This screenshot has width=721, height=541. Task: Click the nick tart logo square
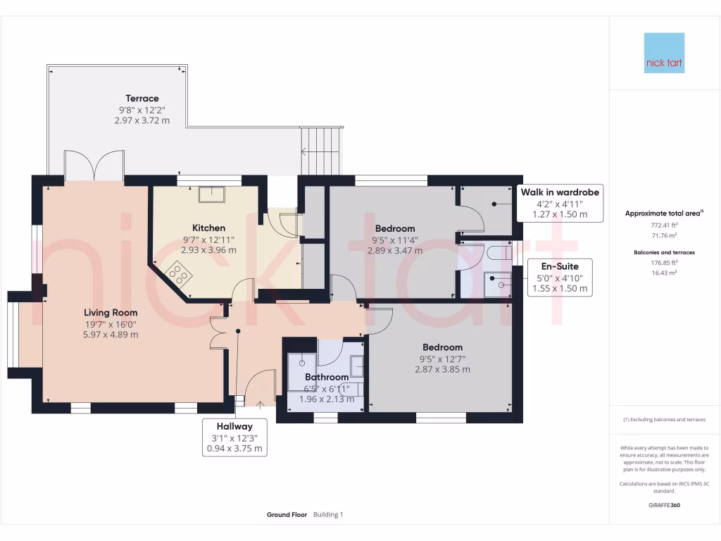coord(664,53)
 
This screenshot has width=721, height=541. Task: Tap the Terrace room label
coord(142,99)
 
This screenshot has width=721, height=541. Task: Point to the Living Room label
coord(111,312)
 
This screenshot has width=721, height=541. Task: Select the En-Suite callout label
coord(560,267)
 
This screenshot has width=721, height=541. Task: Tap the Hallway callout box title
coord(234,425)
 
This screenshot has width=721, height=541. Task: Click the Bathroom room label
coord(327,378)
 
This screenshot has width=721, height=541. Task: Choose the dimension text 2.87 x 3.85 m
coord(442,369)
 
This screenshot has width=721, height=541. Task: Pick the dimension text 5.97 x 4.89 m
coord(111,335)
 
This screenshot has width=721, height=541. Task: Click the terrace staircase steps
coord(321,150)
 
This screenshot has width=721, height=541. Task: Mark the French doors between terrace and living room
coord(94,165)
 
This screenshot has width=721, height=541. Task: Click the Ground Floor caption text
coord(287,515)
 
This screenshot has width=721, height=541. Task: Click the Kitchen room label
coord(209,228)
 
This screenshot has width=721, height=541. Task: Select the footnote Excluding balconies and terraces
coord(664,420)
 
